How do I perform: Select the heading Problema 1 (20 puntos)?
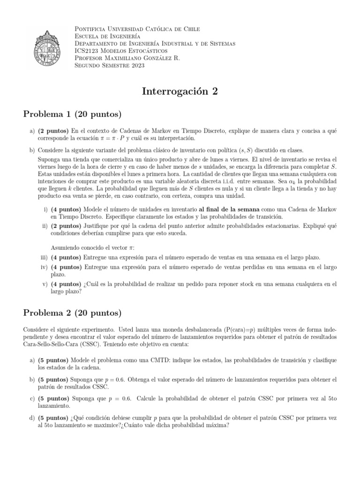pyautogui.click(x=73, y=114)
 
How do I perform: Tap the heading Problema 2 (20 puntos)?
pyautogui.click(x=73, y=313)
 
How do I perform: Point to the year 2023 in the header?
pyautogui.click(x=136, y=66)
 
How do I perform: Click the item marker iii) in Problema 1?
pyautogui.click(x=44, y=257)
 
